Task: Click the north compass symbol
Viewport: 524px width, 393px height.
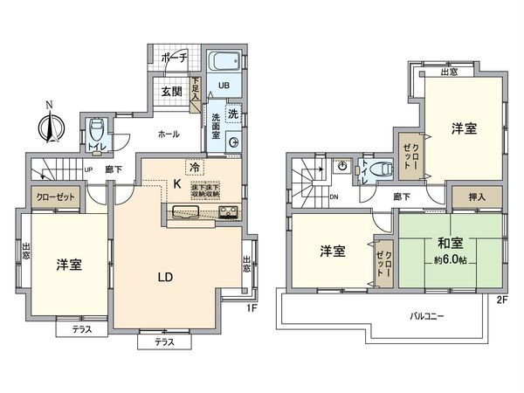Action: [50, 128]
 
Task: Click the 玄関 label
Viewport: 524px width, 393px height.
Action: [171, 92]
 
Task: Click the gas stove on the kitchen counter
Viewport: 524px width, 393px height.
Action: [228, 212]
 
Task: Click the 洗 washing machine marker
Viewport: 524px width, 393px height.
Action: [233, 114]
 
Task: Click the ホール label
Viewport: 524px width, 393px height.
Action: [169, 135]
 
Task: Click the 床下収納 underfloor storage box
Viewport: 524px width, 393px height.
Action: [205, 189]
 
